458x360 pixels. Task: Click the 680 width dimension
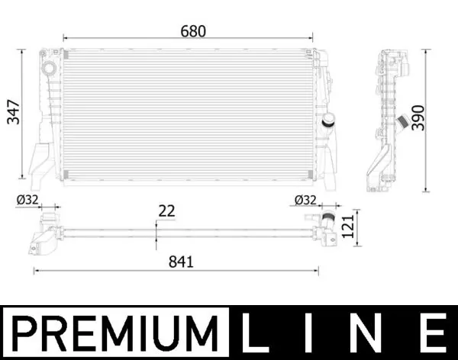pyautogui.click(x=193, y=31)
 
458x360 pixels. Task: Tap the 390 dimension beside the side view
pyautogui.click(x=417, y=115)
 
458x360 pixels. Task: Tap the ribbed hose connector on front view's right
pyautogui.click(x=328, y=121)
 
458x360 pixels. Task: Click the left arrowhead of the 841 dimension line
pyautogui.click(x=35, y=270)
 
